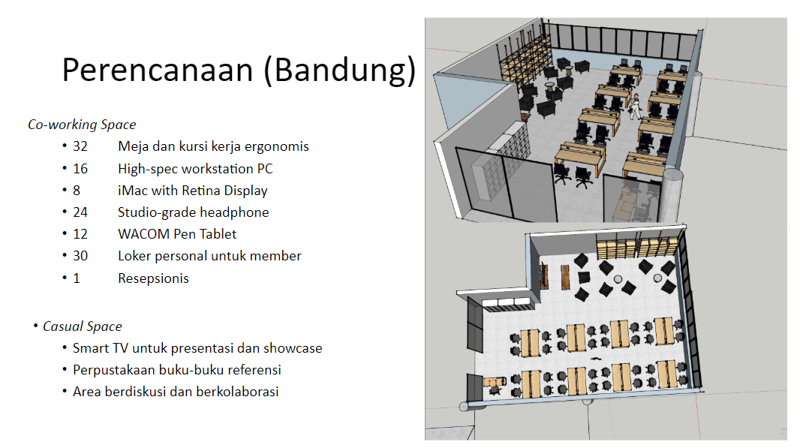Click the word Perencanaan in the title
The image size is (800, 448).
click(158, 70)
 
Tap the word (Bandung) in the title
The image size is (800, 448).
click(340, 71)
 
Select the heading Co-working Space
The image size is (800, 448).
click(82, 125)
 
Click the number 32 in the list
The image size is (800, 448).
click(80, 146)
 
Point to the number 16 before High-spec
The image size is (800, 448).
click(80, 169)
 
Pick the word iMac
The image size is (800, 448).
click(133, 191)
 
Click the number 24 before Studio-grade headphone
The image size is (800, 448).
click(80, 212)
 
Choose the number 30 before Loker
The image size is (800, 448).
click(80, 256)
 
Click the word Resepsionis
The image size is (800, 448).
click(154, 278)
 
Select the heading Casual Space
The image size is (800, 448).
click(82, 326)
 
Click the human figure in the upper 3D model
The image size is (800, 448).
click(635, 106)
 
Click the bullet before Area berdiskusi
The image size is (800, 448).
click(65, 392)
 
